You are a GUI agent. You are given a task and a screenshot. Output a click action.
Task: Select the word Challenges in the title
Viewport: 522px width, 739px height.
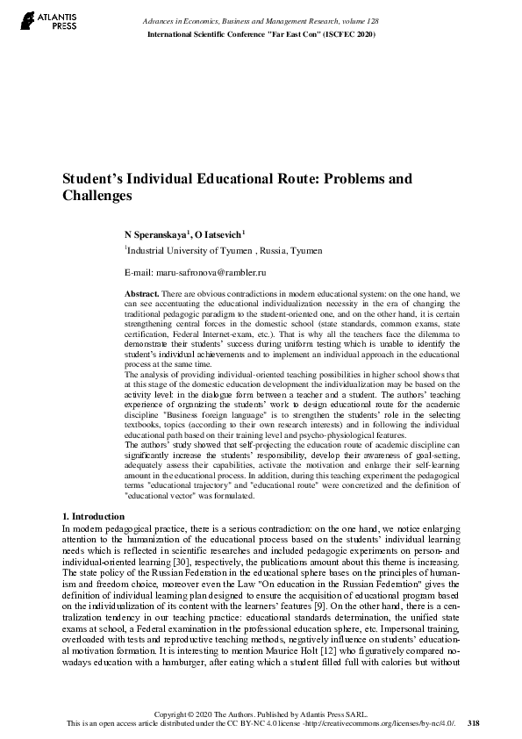pyautogui.click(x=96, y=197)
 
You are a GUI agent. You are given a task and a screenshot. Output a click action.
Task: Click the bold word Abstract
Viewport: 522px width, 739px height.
pyautogui.click(x=141, y=291)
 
